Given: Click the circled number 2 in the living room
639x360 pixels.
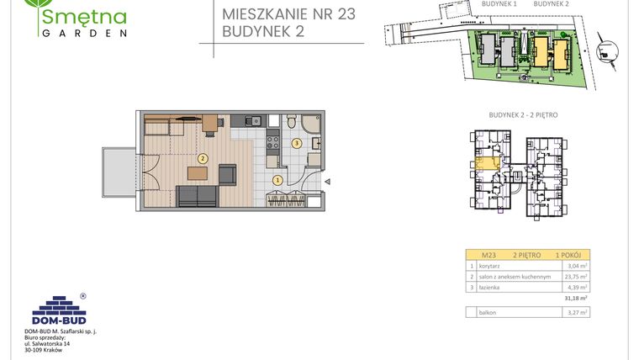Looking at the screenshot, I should point(202,157).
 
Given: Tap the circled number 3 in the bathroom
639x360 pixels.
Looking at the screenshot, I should point(296,143).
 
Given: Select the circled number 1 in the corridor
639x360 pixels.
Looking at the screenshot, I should point(277,179).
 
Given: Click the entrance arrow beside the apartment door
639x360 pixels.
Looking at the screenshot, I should point(330,179).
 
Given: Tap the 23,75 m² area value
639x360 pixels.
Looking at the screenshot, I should point(576,276).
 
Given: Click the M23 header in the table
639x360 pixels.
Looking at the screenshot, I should point(488,253).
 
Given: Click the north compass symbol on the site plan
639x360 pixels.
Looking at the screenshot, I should point(604,47).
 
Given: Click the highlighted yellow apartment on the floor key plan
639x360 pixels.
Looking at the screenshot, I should point(486,163).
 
